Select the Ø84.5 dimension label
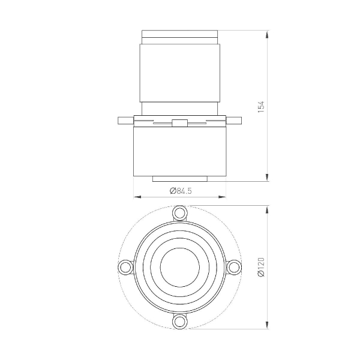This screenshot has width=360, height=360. [x=180, y=191]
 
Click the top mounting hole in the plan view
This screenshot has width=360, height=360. [x=179, y=213]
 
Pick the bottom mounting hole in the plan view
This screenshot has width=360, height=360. [x=179, y=322]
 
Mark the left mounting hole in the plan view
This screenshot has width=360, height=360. [x=125, y=267]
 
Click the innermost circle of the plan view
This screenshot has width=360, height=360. [x=179, y=267]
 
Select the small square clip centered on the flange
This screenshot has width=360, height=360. [x=179, y=124]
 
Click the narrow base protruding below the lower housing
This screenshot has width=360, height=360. [x=179, y=179]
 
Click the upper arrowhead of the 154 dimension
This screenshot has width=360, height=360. [x=266, y=33]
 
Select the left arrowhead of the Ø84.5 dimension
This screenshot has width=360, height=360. [x=135, y=196]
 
